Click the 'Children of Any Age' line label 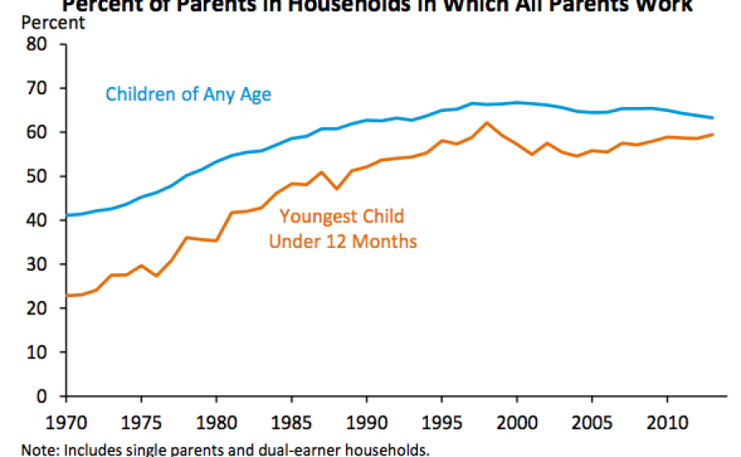(188, 94)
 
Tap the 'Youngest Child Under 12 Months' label (342, 229)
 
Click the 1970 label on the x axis (66, 419)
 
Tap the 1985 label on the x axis (291, 419)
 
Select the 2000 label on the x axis (516, 419)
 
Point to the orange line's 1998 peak (486, 123)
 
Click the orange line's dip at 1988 (336, 189)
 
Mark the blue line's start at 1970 (66, 215)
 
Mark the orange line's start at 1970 (66, 295)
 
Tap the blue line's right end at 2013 (712, 117)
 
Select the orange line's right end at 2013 (712, 134)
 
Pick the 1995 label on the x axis (441, 419)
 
